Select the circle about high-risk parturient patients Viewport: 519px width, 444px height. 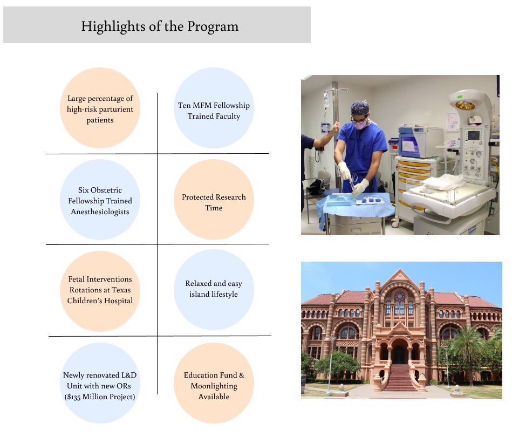[x=100, y=108]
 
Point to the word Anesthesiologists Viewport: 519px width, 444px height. [x=100, y=212]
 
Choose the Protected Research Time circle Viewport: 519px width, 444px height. [x=214, y=200]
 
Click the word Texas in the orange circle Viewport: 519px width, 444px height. [x=121, y=290]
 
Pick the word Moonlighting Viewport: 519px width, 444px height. [x=214, y=386]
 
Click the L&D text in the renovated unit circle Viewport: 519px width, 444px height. [x=129, y=375]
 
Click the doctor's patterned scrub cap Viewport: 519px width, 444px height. [x=360, y=108]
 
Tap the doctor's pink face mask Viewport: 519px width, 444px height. [x=360, y=125]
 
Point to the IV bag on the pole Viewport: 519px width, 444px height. [x=326, y=100]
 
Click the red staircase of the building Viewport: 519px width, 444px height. [x=400, y=378]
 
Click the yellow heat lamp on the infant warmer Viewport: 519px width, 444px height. [x=465, y=105]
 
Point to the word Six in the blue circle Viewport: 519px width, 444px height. [x=84, y=190]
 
